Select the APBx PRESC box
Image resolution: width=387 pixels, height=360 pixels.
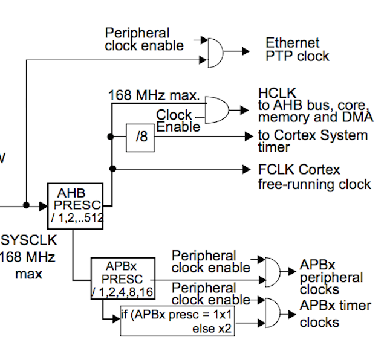pos(122,278)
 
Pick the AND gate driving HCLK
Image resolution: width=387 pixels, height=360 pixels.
pos(218,110)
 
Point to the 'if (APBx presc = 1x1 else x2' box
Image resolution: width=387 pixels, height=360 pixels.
pos(178,321)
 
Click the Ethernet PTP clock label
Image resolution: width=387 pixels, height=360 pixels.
pos(297,50)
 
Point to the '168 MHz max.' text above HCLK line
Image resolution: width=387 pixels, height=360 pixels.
pos(154,95)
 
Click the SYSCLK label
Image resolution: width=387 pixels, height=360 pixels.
pos(28,240)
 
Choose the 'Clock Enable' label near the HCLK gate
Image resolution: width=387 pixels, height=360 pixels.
pos(177,120)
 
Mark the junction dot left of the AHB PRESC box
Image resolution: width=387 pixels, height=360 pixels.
pos(26,205)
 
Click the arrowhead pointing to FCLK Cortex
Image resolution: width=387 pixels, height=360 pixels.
pos(247,169)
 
